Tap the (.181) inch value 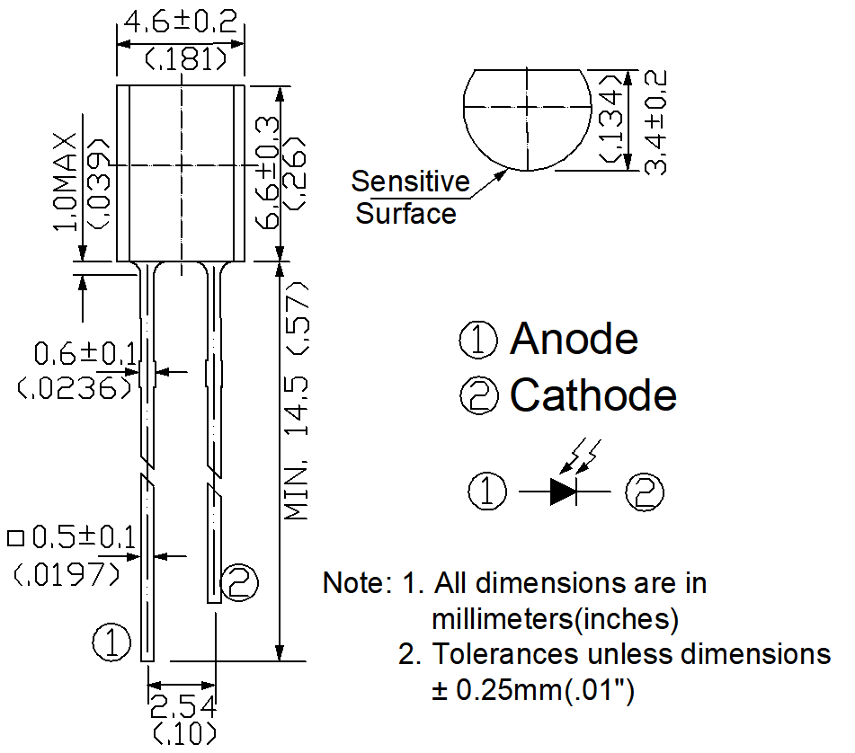(183, 58)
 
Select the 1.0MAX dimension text (68, 184)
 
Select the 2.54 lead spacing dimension (183, 705)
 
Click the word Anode (574, 339)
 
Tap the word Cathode (592, 394)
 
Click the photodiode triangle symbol (565, 491)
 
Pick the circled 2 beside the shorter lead (239, 583)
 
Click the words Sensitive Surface (409, 198)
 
